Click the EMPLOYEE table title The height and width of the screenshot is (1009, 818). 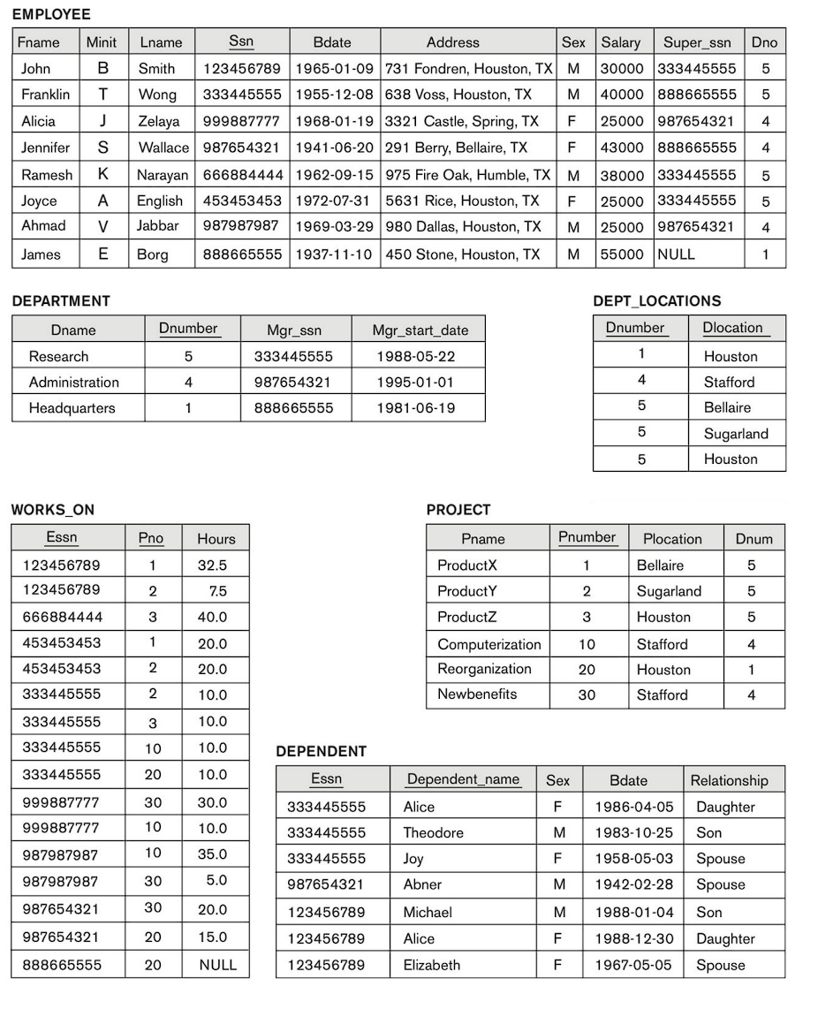[51, 15]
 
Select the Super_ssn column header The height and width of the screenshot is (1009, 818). [697, 42]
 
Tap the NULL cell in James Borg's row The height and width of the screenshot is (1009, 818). [676, 254]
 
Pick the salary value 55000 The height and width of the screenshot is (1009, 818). [622, 254]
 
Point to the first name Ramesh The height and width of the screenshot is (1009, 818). [47, 175]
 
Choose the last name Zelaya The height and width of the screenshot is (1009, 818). [158, 122]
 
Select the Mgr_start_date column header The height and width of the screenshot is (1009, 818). [420, 330]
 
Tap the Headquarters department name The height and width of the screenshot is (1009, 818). [72, 408]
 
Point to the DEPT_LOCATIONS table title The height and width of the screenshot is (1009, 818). [656, 301]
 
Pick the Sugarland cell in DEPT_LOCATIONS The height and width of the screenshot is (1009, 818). [736, 434]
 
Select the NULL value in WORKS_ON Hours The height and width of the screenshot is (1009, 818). [217, 965]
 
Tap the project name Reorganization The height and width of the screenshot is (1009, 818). [484, 669]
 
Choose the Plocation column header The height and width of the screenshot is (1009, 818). [672, 539]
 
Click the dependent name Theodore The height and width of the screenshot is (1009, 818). [433, 833]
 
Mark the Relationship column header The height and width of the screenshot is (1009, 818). [729, 781]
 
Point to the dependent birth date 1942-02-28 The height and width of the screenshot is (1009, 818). [633, 884]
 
